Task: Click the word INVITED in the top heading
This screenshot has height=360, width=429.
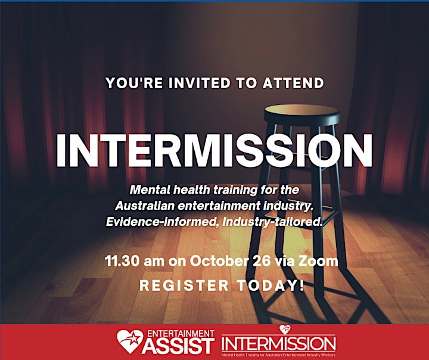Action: tap(199, 83)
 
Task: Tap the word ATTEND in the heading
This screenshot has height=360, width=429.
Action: tap(293, 83)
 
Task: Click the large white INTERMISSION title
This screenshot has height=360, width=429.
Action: tap(214, 151)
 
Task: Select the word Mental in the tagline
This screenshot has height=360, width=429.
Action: tap(150, 190)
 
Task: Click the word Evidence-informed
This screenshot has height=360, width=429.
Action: tap(163, 222)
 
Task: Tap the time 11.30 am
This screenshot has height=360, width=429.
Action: tap(134, 261)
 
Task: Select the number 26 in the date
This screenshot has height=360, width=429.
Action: tap(262, 261)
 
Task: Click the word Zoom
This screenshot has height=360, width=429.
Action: tap(318, 261)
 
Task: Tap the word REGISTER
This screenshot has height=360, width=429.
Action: tap(184, 285)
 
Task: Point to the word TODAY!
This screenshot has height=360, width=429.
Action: tap(271, 285)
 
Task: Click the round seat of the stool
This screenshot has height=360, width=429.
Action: tap(302, 114)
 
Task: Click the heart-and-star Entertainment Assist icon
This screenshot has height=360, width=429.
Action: tap(130, 342)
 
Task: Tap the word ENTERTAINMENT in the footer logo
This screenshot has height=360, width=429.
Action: tap(181, 333)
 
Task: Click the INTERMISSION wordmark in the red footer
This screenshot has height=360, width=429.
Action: tap(278, 343)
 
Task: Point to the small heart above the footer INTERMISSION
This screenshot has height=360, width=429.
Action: tap(285, 330)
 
